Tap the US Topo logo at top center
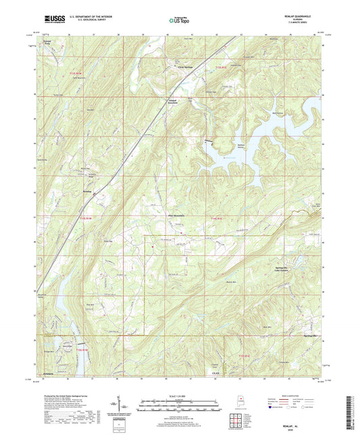(179, 21)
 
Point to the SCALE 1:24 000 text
(179, 396)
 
